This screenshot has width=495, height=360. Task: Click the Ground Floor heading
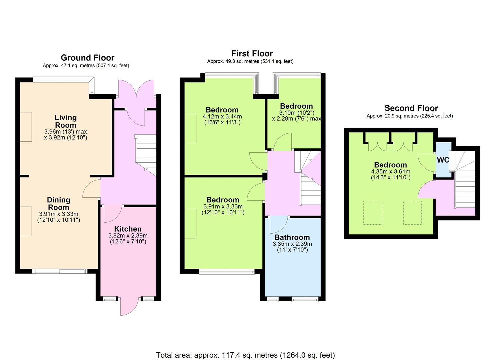point(88,58)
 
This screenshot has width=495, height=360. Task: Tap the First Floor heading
point(252,54)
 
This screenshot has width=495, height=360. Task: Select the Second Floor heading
point(411,108)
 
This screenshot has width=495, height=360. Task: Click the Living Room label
point(66,121)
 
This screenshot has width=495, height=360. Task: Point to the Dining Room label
point(59,204)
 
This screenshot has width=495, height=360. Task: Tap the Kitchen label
point(128,229)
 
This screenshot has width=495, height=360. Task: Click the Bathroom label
point(292,237)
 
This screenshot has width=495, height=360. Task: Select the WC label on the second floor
point(443,160)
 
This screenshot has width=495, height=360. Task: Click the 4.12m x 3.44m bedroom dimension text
point(222,116)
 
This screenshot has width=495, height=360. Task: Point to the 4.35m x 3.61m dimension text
point(391,171)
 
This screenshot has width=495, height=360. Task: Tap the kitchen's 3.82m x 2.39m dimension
point(128,236)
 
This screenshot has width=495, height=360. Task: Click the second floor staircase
point(463,179)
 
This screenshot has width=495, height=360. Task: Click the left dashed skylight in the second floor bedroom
point(373,213)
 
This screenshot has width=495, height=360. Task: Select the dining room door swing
point(91,188)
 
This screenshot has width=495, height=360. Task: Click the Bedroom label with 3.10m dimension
point(296,106)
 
